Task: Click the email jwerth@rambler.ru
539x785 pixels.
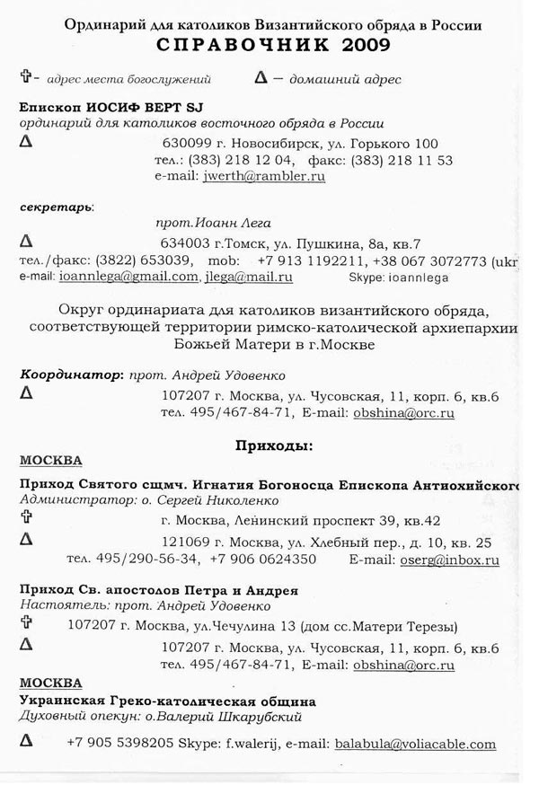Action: click(x=265, y=177)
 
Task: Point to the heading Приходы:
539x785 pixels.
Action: click(x=273, y=445)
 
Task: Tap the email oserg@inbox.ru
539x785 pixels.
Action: click(x=448, y=559)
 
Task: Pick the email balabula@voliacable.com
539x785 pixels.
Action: click(x=415, y=744)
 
